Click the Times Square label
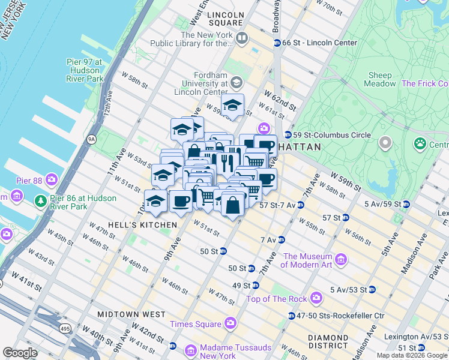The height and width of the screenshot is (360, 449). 196,325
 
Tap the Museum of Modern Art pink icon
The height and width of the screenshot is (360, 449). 341,260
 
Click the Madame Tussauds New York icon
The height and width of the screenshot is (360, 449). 190,350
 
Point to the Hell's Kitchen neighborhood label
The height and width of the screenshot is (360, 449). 142,225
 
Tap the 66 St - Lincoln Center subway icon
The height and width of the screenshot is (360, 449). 277,43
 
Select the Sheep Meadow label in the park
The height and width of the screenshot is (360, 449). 380,80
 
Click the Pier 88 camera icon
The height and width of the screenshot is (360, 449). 52,179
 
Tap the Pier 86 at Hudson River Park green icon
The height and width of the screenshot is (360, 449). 41,200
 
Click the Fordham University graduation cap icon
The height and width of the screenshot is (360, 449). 236,82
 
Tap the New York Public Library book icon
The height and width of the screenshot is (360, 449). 242,39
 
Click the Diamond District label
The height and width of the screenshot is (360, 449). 328,341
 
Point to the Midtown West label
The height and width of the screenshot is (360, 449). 133,314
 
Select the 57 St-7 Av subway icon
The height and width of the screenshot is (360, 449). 300,205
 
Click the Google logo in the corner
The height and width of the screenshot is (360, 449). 20,353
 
